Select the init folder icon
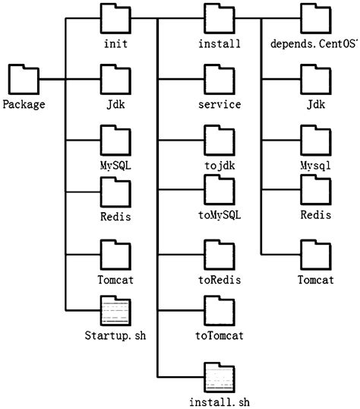pos(115,17)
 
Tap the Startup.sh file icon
pos(115,312)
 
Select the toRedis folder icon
pos(219,255)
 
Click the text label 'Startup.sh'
pos(115,335)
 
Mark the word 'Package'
pos(24,104)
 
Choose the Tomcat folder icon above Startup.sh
pos(115,255)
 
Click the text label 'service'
pos(219,104)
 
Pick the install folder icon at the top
pos(219,17)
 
